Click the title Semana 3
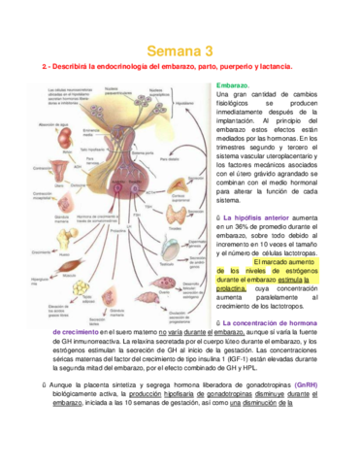point(180,50)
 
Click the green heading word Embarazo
point(235,85)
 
